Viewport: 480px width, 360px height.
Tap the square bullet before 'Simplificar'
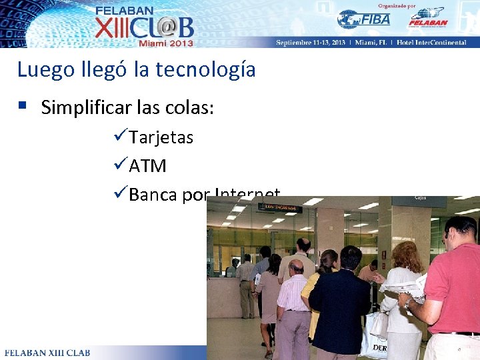pyautogui.click(x=23, y=105)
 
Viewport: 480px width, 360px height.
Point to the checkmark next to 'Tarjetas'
pyautogui.click(x=121, y=137)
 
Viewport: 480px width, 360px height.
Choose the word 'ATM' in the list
pyautogui.click(x=147, y=165)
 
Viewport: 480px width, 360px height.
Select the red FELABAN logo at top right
pyautogui.click(x=427, y=18)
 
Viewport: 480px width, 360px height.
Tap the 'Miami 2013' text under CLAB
pyautogui.click(x=165, y=43)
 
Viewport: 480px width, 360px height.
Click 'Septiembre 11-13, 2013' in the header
pyautogui.click(x=311, y=43)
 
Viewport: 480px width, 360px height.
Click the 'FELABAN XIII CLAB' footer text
pyautogui.click(x=47, y=352)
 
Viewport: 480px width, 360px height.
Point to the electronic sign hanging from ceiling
pyautogui.click(x=280, y=208)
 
